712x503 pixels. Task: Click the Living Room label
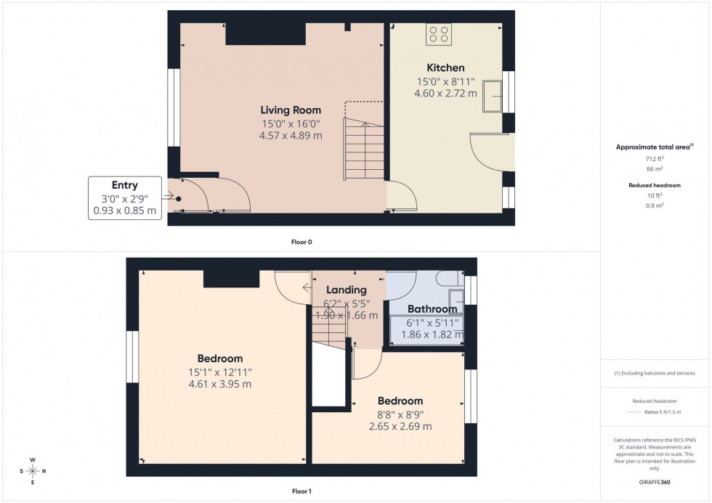[x=291, y=110]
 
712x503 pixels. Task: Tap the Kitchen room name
[x=445, y=68]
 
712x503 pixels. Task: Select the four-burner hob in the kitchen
[x=440, y=33]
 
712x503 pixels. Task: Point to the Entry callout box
[x=124, y=197]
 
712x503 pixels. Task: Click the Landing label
[x=346, y=290]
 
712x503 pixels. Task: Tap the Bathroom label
[x=432, y=309]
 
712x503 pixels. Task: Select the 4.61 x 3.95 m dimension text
[x=219, y=384]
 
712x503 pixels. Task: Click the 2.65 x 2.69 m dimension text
[x=400, y=426]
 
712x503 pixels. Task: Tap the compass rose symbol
[x=33, y=471]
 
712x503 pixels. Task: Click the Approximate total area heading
[x=653, y=147]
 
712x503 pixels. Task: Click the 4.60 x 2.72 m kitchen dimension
[x=445, y=93]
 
